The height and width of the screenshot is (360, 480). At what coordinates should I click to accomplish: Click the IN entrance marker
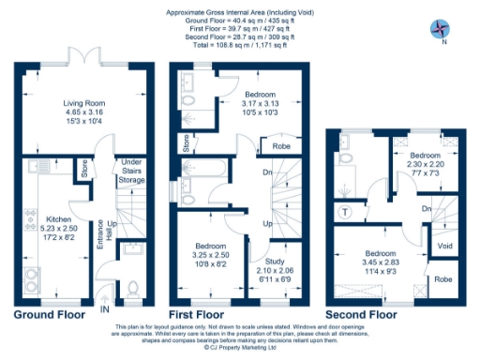106,306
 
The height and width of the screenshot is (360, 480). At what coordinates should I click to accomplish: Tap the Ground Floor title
52,314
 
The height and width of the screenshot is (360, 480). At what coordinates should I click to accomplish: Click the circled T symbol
347,211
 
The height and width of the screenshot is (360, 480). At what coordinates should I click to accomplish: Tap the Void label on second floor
445,247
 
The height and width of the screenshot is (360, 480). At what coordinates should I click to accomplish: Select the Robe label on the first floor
279,147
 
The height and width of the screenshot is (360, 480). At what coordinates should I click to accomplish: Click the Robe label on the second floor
442,279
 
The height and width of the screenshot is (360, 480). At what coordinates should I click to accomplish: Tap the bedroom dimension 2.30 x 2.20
425,165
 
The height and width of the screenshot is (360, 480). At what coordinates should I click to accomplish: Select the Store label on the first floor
186,144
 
